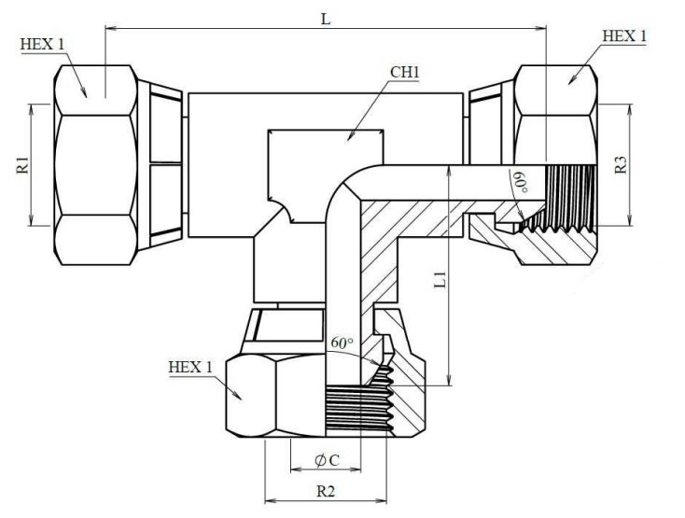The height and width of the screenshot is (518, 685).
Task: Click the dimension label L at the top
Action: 326,19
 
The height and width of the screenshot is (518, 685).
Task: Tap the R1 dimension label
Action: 22,165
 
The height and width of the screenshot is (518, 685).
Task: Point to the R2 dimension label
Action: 326,491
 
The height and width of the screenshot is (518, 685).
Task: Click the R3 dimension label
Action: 621,165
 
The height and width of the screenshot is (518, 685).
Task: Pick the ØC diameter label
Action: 327,460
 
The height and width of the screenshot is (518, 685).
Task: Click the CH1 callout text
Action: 404,72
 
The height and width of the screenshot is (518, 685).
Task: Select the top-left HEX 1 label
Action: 42,44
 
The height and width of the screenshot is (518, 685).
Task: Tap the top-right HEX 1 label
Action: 624,36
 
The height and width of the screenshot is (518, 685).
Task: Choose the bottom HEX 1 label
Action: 190,368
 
